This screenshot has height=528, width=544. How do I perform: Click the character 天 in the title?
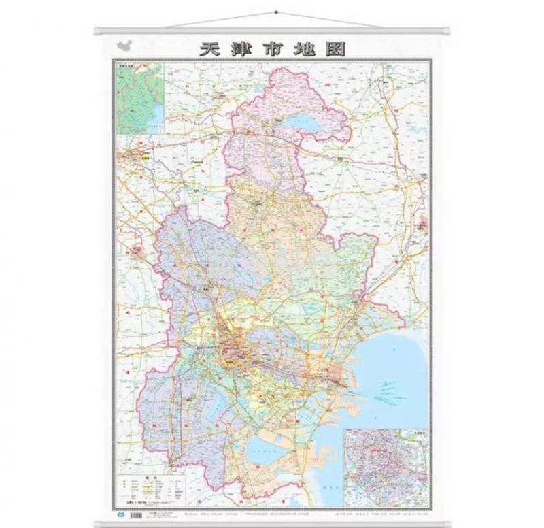pos(209,49)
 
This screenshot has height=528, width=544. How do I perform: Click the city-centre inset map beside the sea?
pos(386,468)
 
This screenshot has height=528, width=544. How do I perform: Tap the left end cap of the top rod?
pos(97,30)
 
